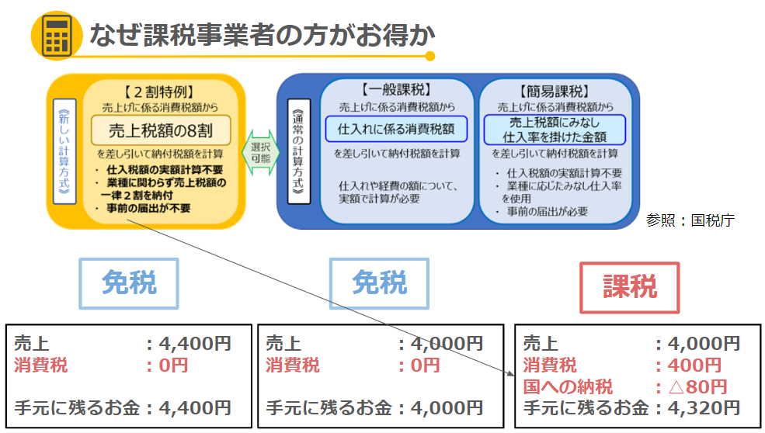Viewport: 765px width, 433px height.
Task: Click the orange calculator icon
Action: (x=56, y=36)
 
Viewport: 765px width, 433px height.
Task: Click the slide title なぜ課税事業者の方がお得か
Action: (x=262, y=35)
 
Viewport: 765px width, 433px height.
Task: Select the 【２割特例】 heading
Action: (x=159, y=92)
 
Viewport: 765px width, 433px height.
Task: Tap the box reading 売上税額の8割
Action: (x=161, y=130)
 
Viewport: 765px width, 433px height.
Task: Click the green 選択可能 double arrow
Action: (x=260, y=153)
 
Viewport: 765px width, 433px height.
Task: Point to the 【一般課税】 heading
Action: (x=397, y=90)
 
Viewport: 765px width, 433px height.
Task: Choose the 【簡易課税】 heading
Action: (x=555, y=92)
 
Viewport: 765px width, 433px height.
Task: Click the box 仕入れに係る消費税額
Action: (x=396, y=129)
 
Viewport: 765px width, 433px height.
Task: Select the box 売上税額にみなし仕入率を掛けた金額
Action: (x=555, y=130)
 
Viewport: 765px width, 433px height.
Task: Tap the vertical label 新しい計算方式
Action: (x=64, y=151)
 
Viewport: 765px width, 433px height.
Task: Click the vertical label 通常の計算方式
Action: (x=298, y=151)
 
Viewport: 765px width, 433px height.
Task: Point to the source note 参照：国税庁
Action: (x=690, y=220)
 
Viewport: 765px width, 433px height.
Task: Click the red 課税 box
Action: (x=629, y=287)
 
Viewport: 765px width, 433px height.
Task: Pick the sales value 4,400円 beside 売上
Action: (x=195, y=344)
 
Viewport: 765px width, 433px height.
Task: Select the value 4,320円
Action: (x=704, y=407)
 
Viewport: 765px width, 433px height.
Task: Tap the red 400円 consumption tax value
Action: (x=695, y=365)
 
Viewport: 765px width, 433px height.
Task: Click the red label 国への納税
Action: (x=568, y=386)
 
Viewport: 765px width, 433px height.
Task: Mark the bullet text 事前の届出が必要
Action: (x=547, y=212)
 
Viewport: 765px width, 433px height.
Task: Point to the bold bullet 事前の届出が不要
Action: (x=148, y=208)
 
